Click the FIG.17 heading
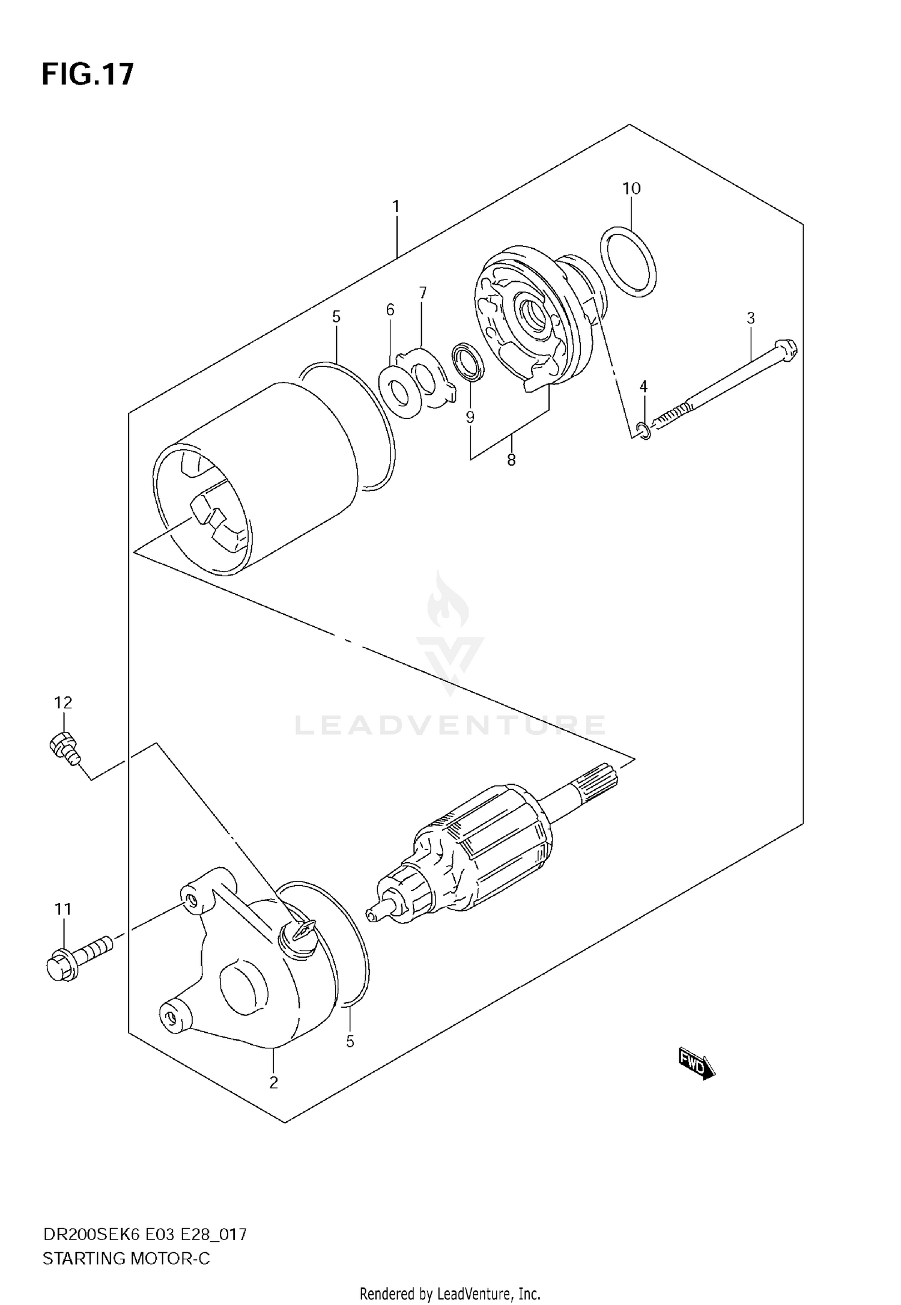pos(88,75)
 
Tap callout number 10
pos(631,189)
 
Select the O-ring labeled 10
pos(628,262)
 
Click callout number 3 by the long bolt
pos(750,318)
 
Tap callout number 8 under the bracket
pos(511,460)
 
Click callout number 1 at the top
pos(396,207)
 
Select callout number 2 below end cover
pos(273,1083)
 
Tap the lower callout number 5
pos(350,1041)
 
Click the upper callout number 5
pos(336,317)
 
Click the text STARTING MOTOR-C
pos(126,1258)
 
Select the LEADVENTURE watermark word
pos(450,725)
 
